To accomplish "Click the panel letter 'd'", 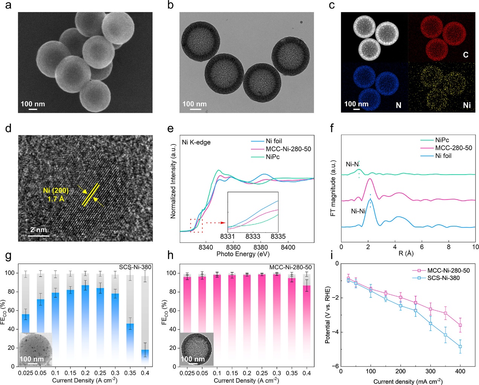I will (x=8, y=128).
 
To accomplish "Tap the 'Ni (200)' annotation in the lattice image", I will (x=56, y=190).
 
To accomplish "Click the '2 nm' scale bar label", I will (x=38, y=229).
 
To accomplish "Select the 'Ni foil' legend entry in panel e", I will (x=274, y=141).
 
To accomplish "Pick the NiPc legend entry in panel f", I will (x=442, y=140).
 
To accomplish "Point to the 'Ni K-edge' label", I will (x=196, y=142).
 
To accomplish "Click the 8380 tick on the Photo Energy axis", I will (x=260, y=247).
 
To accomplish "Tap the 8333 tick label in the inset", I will (x=253, y=236).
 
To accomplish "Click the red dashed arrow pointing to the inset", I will (x=215, y=223).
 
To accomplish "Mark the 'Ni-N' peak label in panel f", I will (x=352, y=164).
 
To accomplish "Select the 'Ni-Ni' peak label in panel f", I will (x=358, y=211).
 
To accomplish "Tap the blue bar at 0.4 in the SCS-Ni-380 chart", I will (x=145, y=356).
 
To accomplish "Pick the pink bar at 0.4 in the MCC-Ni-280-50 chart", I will (x=307, y=324).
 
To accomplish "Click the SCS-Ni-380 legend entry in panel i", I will (x=443, y=278).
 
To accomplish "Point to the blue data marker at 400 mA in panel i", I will (x=460, y=347).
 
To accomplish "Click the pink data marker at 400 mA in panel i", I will (x=460, y=325).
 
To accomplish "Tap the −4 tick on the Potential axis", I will (x=337, y=332).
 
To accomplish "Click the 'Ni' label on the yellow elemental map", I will (x=467, y=105).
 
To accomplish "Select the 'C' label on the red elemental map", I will (x=465, y=55).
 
